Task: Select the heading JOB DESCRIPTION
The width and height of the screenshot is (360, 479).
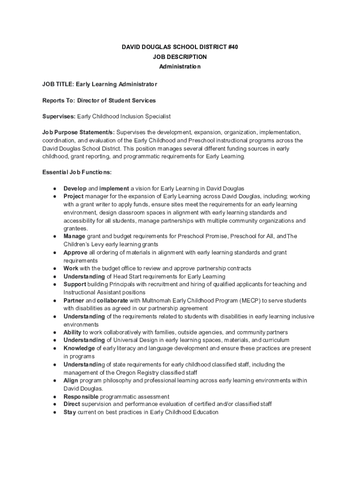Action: coord(180,57)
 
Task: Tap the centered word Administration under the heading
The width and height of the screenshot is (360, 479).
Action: coord(180,66)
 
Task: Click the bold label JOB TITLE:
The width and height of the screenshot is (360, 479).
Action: coord(55,84)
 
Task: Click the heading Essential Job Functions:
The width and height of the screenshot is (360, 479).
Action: coord(77,172)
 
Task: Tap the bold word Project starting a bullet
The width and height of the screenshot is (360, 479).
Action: coord(73,196)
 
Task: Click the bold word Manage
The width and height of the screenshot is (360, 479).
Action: coord(74,236)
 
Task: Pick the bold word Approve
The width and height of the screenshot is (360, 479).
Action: coord(75,253)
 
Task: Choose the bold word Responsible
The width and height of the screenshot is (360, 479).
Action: coord(81,397)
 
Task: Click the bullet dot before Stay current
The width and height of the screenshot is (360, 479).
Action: coord(55,413)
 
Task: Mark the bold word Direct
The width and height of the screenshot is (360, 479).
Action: coord(72,404)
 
